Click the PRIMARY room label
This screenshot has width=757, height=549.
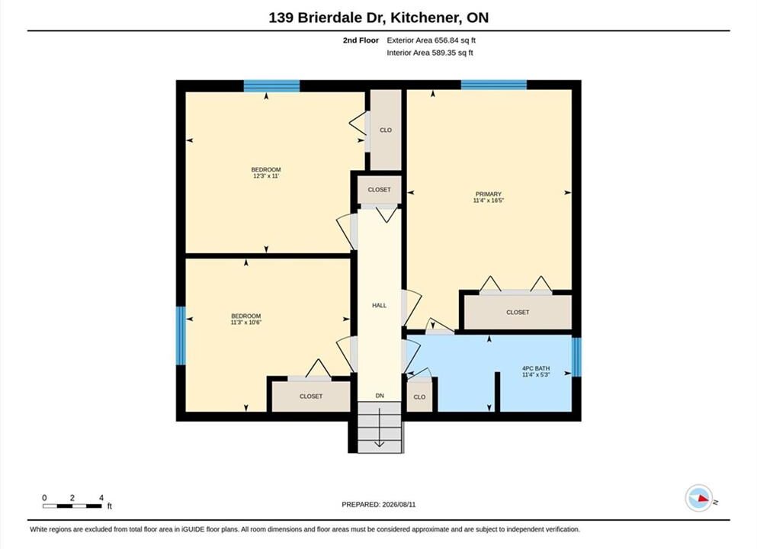pos(488,194)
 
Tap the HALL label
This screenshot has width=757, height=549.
pos(379,305)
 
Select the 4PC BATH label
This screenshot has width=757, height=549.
pos(536,368)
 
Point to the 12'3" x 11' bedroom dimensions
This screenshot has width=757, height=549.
pos(266,176)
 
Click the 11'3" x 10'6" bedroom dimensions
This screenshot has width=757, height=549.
pos(245,323)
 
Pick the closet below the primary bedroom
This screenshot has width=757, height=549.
pos(518,312)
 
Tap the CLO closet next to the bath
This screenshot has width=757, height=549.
pos(419,396)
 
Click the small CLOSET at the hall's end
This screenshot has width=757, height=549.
pos(379,190)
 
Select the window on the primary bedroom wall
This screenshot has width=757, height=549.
pos(493,85)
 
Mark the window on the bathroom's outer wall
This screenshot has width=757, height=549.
pos(576,357)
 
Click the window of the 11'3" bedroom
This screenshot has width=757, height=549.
pos(181,335)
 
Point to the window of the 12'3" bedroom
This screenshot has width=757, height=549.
pos(271,86)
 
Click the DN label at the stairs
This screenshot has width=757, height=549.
pos(380,396)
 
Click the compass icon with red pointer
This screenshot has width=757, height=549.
pos(698,498)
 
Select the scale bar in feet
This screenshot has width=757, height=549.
pos(72,506)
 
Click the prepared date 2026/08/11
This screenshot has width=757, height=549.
pos(399,505)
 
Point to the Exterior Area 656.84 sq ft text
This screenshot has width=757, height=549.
pos(431,40)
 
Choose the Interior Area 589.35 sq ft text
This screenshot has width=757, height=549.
pos(430,53)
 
